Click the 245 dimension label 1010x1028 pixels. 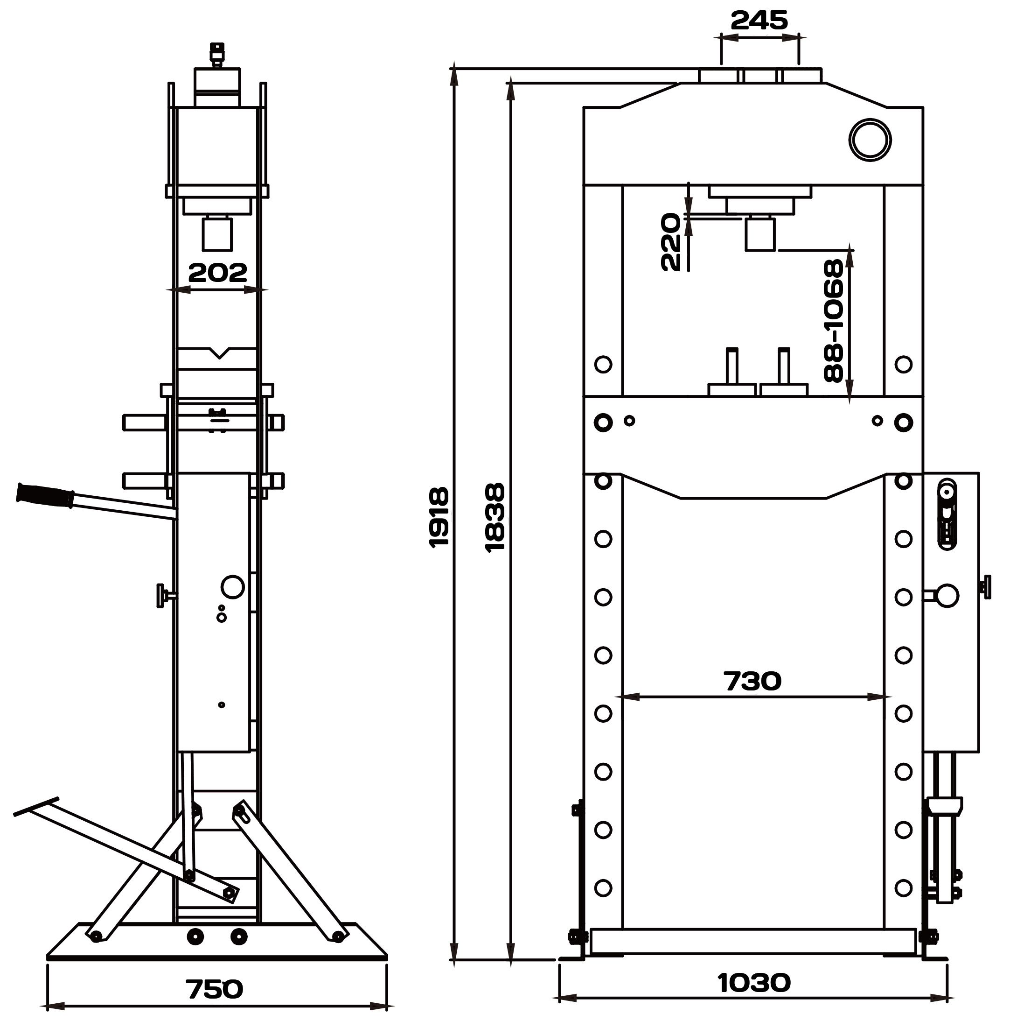click(759, 21)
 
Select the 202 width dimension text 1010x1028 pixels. click(217, 273)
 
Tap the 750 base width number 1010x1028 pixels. click(214, 989)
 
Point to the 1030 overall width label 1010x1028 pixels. click(754, 983)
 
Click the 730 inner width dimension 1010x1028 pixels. click(752, 682)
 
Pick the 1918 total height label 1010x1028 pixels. click(439, 517)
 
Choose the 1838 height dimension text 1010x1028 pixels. click(495, 517)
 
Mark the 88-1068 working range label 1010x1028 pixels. click(833, 320)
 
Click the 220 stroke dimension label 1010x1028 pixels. click(670, 242)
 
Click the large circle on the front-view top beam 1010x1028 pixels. click(870, 139)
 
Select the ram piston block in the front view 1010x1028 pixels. click(759, 234)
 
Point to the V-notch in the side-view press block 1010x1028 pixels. click(219, 352)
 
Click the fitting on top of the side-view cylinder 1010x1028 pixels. click(216, 55)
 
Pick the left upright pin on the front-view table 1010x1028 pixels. click(732, 366)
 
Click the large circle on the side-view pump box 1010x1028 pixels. click(232, 586)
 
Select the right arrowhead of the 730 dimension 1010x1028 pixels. click(876, 697)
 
